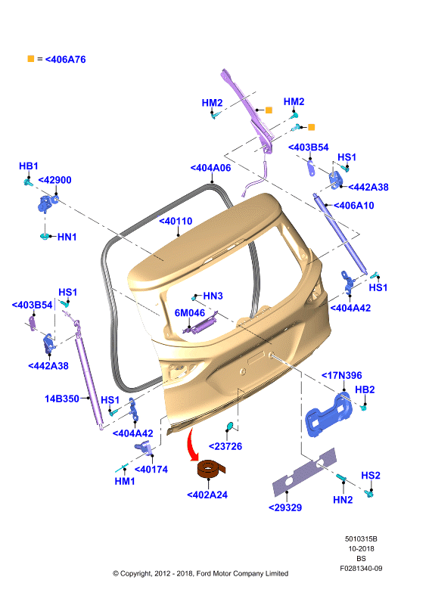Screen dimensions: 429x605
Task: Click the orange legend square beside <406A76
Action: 31,59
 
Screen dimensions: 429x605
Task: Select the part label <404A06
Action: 210,168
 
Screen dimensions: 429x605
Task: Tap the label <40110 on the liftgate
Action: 176,221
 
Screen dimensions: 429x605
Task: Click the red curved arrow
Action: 192,445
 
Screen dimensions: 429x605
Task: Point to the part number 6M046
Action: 190,312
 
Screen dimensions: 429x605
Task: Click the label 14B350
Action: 62,399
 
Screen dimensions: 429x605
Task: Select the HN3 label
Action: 213,296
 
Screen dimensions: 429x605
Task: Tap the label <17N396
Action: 342,375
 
